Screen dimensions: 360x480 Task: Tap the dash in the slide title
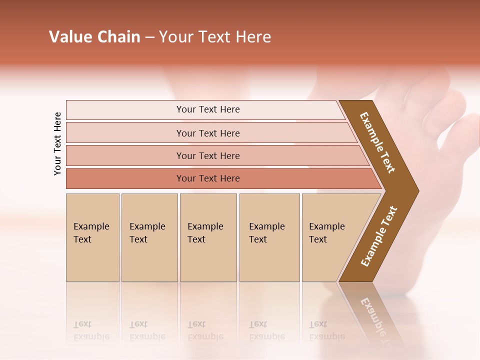pyautogui.click(x=149, y=37)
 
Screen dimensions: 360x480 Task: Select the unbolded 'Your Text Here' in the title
pyautogui.click(x=215, y=37)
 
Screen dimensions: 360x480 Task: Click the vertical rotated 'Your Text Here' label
pyautogui.click(x=57, y=143)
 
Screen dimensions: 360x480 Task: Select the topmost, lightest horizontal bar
pyautogui.click(x=208, y=109)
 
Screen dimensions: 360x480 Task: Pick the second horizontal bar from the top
pyautogui.click(x=208, y=133)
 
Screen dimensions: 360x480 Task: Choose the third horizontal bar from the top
pyautogui.click(x=208, y=155)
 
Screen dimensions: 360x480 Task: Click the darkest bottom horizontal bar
pyautogui.click(x=208, y=178)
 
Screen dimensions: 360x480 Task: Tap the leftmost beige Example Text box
pyautogui.click(x=92, y=237)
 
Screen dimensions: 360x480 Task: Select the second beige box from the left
pyautogui.click(x=149, y=237)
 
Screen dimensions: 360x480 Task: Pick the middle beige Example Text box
pyautogui.click(x=208, y=237)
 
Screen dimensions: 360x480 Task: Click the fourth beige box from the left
pyautogui.click(x=269, y=237)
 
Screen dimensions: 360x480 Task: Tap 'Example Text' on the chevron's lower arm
pyautogui.click(x=379, y=236)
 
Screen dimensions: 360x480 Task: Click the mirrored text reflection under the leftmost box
pyautogui.click(x=91, y=330)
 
